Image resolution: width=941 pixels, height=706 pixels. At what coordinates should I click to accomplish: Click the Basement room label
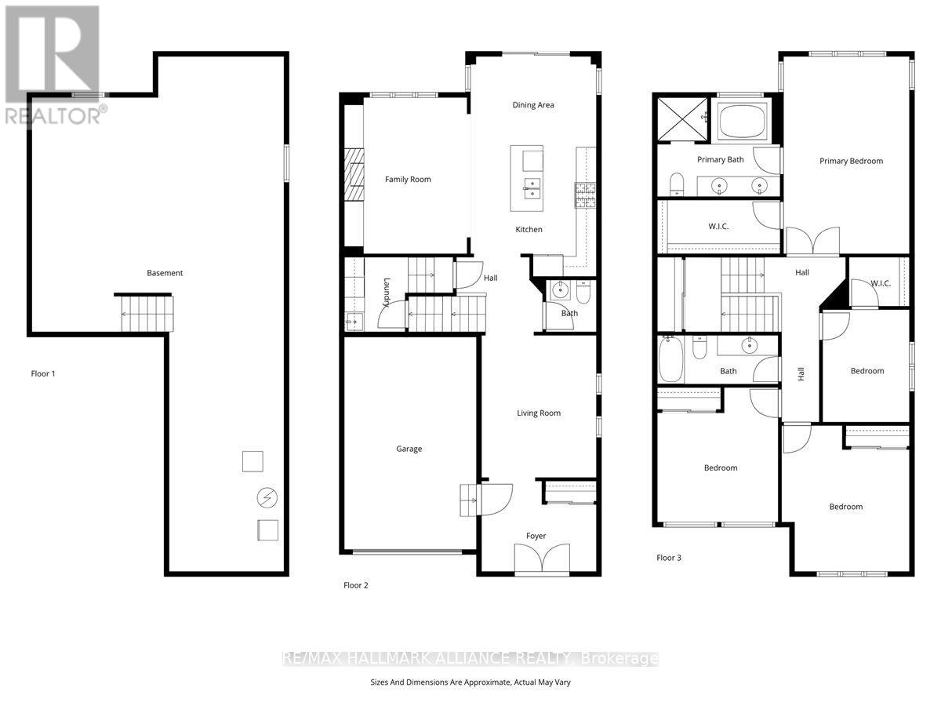pyautogui.click(x=165, y=273)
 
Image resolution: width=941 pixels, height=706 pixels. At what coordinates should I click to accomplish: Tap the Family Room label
pyautogui.click(x=408, y=180)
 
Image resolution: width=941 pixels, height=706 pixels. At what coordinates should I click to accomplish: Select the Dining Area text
pyautogui.click(x=533, y=105)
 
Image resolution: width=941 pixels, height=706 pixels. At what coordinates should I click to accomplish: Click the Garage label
pyautogui.click(x=409, y=449)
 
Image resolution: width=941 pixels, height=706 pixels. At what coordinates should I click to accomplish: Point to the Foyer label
pyautogui.click(x=536, y=536)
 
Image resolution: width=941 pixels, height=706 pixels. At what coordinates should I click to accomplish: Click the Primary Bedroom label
pyautogui.click(x=851, y=161)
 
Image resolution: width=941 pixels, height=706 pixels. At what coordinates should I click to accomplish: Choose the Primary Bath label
pyautogui.click(x=720, y=159)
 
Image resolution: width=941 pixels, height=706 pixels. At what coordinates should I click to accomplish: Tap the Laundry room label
pyautogui.click(x=387, y=293)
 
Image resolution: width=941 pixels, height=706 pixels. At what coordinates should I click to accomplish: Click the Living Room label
pyautogui.click(x=539, y=413)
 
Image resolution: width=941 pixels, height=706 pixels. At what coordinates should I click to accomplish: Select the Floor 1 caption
pyautogui.click(x=43, y=373)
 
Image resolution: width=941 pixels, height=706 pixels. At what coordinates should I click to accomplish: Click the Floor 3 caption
pyautogui.click(x=669, y=558)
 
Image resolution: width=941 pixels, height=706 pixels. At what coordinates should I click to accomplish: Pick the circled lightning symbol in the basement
pyautogui.click(x=267, y=497)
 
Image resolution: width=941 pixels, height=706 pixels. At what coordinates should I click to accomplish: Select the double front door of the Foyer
pyautogui.click(x=536, y=560)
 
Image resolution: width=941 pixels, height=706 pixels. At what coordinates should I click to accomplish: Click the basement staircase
pyautogui.click(x=145, y=314)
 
